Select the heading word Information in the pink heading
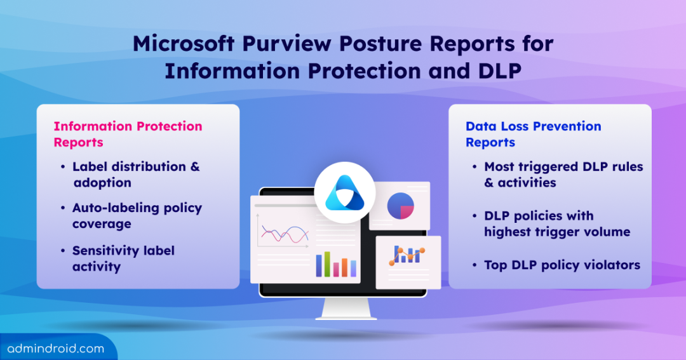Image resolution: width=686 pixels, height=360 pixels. pyautogui.click(x=93, y=126)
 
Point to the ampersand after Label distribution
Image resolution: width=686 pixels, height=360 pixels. pyautogui.click(x=195, y=166)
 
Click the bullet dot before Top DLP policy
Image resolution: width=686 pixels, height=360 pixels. pyautogui.click(x=474, y=265)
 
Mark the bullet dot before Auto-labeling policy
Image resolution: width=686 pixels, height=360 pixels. pyautogui.click(x=63, y=208)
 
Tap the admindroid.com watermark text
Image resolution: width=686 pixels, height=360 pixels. pyautogui.click(x=55, y=349)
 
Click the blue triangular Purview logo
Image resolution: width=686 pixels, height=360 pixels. pyautogui.click(x=345, y=193)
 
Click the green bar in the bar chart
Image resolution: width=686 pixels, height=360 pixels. pyautogui.click(x=327, y=263)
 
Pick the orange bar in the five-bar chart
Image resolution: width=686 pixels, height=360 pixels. pyautogui.click(x=345, y=267)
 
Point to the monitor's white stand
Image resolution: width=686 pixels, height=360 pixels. pyautogui.click(x=346, y=309)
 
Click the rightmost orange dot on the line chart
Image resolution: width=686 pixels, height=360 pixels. pyautogui.click(x=422, y=251)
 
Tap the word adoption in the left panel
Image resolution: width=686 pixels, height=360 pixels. pyautogui.click(x=102, y=182)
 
